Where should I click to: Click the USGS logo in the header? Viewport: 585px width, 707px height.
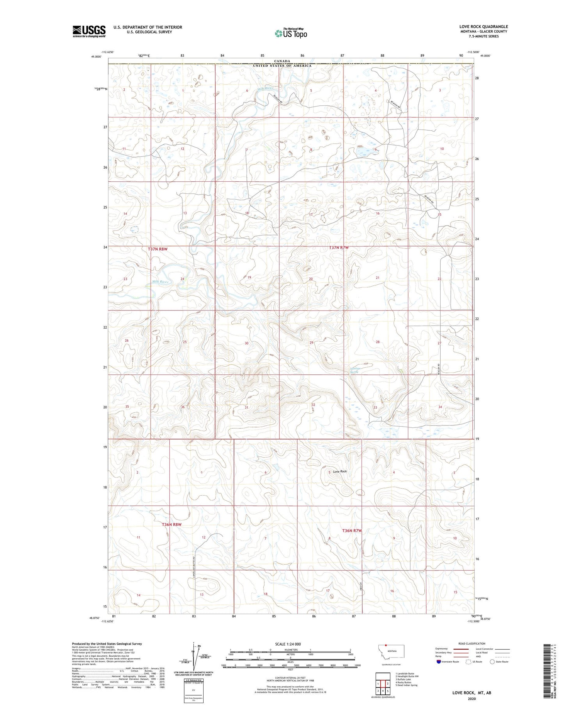click(x=89, y=31)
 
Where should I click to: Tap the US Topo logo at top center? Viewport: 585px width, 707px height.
click(x=291, y=33)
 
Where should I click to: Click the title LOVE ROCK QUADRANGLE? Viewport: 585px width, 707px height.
click(x=483, y=27)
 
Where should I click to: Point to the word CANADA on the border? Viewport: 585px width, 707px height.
click(x=282, y=61)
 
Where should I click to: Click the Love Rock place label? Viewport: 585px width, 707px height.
click(x=340, y=471)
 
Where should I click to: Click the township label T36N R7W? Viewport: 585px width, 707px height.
click(x=352, y=531)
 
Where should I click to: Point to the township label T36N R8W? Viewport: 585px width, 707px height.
click(x=172, y=524)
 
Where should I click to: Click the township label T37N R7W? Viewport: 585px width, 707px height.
click(x=339, y=248)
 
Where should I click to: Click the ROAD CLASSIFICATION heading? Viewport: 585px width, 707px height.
click(x=472, y=643)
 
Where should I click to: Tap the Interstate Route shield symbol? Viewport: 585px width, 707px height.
click(x=439, y=661)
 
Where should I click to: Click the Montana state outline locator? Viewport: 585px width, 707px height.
click(x=392, y=651)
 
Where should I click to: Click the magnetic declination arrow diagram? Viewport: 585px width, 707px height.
click(x=194, y=655)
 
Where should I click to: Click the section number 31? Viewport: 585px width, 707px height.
click(x=246, y=408)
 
